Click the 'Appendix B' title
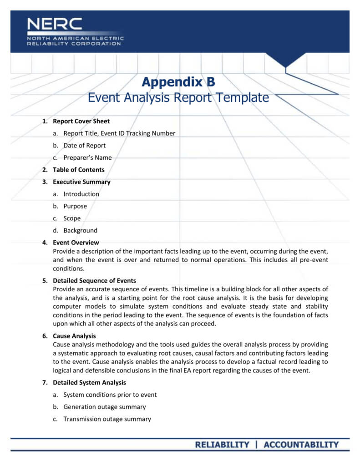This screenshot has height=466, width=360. pos(178,82)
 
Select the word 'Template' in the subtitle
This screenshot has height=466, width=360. pos(242,97)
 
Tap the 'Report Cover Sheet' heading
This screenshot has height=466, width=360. pos(81,121)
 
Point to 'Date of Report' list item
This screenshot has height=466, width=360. pos(84,146)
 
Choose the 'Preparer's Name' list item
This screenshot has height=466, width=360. pos(87,157)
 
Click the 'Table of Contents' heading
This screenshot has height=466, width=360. pos(78,170)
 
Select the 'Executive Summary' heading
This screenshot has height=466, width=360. pos(81,182)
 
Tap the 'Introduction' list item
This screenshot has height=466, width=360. pos(81,194)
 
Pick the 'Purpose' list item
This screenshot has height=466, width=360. pos(75,206)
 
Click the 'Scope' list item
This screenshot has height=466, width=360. pos(72,218)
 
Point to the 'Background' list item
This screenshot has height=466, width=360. pos(80,230)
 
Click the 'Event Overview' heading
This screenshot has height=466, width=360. pos(76,243)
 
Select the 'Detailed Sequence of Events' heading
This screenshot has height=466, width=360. pos(94,281)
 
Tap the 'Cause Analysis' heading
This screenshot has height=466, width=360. pos(74,336)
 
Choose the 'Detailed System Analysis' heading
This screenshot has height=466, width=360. pos(89,383)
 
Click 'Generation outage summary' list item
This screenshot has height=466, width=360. pos(105,407)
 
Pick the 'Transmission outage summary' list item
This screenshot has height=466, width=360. pos(107,419)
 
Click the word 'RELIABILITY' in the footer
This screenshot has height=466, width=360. pos(222,445)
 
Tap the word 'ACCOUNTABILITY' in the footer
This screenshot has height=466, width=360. pos(301,445)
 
